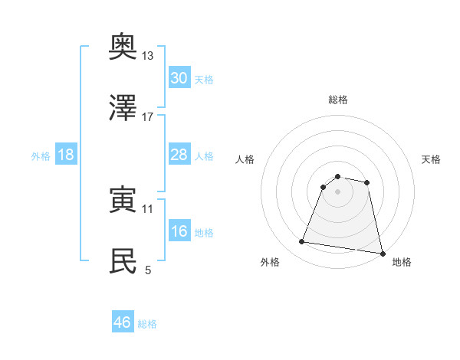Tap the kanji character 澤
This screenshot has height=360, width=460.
tap(123, 108)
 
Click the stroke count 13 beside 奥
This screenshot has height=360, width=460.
tap(148, 56)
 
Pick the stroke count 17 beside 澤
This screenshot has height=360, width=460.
tap(148, 116)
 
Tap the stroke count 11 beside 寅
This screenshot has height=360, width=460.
tap(148, 208)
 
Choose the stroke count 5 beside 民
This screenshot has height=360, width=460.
tap(148, 269)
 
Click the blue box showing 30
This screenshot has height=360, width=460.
tap(179, 78)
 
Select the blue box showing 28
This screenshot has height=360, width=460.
tap(179, 155)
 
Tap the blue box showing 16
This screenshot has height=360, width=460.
tap(179, 231)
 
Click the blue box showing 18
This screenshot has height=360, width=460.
tap(66, 155)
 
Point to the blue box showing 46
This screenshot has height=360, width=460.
tap(123, 322)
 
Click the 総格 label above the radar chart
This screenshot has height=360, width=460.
tap(338, 100)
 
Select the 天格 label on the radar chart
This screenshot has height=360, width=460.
tap(432, 159)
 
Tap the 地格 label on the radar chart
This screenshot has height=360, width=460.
tap(402, 262)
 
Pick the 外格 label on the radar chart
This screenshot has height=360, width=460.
tap(270, 262)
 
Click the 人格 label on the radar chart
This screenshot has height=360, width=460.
tap(245, 159)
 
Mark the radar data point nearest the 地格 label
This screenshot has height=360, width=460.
tap(382, 253)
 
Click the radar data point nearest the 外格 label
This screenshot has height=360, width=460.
tap(301, 242)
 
